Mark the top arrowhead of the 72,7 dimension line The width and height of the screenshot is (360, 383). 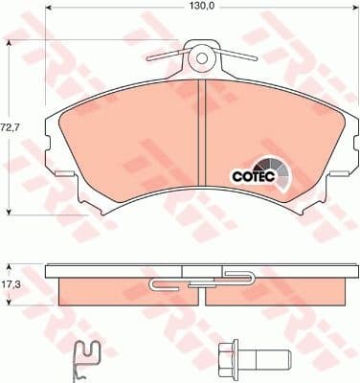(10, 44)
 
